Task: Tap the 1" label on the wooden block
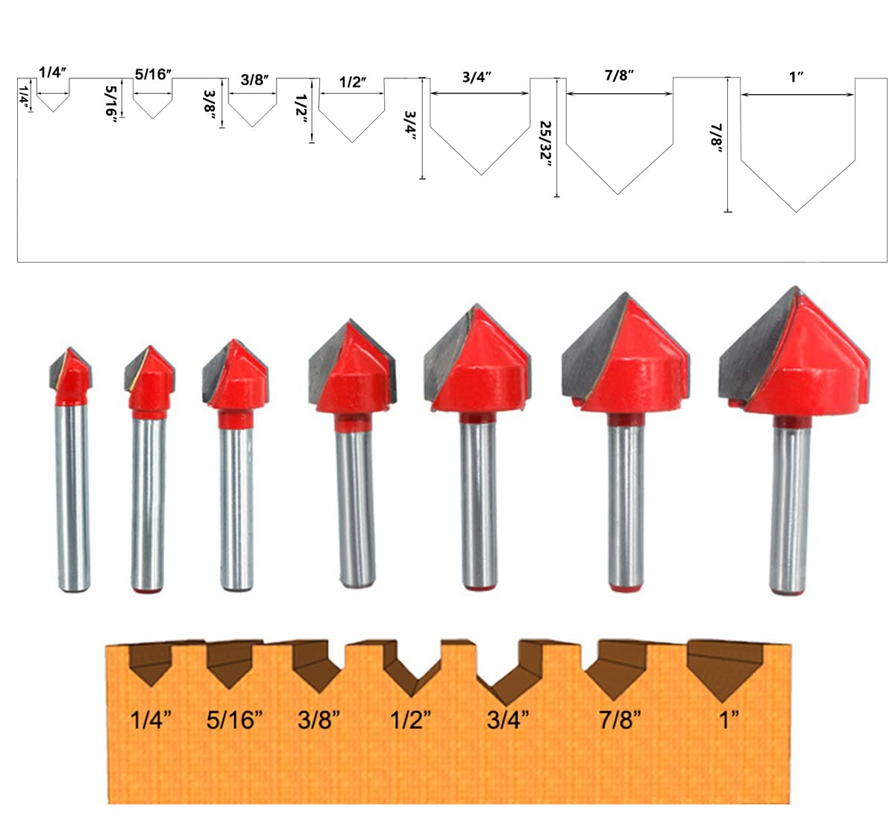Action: pyautogui.click(x=729, y=720)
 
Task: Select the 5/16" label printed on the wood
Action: pyautogui.click(x=234, y=720)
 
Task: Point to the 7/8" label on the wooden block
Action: pyautogui.click(x=620, y=720)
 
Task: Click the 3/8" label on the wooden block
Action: pyautogui.click(x=318, y=720)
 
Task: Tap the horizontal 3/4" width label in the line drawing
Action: pyautogui.click(x=477, y=78)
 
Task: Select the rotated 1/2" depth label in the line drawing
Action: pyautogui.click(x=301, y=110)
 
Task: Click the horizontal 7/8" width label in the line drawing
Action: pyautogui.click(x=619, y=75)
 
